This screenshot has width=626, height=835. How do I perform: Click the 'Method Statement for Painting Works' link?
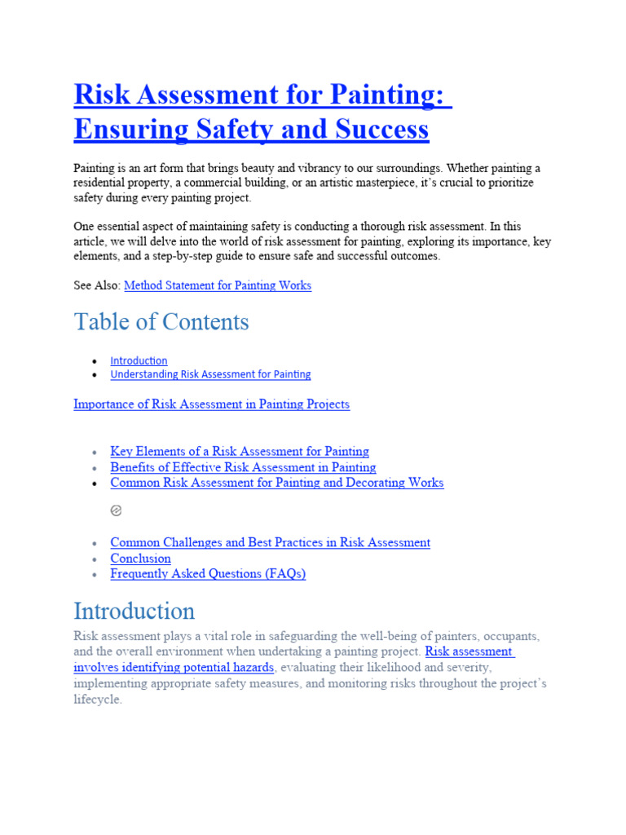point(217,285)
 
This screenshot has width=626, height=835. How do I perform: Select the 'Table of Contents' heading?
point(161,322)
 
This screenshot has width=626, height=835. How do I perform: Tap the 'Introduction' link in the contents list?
point(139,360)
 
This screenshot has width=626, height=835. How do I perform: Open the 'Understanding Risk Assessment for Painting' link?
point(210,374)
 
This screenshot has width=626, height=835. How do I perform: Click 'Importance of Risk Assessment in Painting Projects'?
point(211,404)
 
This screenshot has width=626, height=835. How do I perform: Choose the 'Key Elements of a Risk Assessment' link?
point(239,451)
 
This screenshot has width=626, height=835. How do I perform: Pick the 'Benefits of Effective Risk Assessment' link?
point(243,467)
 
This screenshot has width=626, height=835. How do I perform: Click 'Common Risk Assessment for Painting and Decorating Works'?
point(276,483)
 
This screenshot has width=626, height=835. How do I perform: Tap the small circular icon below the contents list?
point(116,510)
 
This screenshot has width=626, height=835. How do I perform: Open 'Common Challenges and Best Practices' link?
point(270,542)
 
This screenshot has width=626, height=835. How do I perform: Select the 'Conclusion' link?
point(140,559)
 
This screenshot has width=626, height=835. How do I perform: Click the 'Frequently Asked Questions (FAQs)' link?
point(208,574)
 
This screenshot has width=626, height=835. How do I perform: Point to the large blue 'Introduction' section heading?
point(134,612)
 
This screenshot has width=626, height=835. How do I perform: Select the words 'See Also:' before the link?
point(97,285)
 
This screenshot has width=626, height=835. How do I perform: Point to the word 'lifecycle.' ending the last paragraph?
point(98,700)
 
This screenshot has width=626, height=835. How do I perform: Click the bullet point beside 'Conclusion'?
point(95,559)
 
